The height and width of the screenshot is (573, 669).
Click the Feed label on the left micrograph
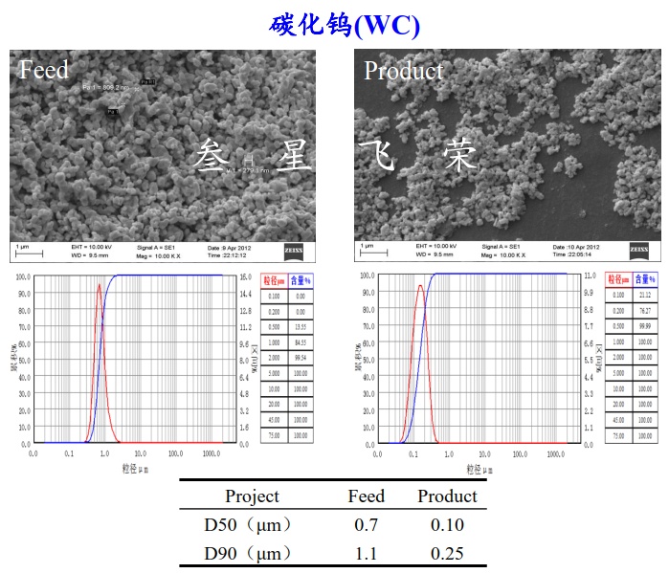click(44, 70)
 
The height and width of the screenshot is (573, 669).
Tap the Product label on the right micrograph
click(403, 71)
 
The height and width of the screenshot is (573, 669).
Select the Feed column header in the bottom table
click(366, 496)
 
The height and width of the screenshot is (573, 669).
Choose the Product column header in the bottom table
click(446, 496)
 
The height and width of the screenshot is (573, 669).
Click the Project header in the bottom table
click(252, 496)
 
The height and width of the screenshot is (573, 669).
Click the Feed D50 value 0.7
click(366, 524)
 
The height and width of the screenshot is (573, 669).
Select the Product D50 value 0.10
click(446, 524)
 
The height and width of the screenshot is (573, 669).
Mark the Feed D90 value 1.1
click(366, 553)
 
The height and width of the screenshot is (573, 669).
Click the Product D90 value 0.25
click(446, 553)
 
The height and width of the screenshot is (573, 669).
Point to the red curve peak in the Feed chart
click(99, 284)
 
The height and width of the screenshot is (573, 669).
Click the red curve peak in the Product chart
click(419, 285)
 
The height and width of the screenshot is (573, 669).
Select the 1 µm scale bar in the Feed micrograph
click(29, 253)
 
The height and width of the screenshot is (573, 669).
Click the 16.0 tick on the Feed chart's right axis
click(244, 276)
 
